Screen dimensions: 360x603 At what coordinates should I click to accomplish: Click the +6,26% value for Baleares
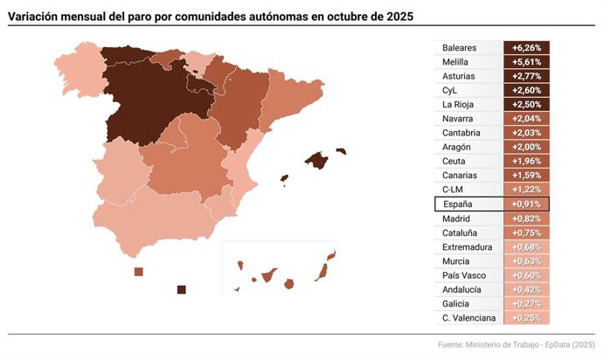526,48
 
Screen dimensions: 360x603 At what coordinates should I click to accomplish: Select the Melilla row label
456,62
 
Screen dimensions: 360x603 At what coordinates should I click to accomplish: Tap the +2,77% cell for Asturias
526,76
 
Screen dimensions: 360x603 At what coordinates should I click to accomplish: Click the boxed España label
457,204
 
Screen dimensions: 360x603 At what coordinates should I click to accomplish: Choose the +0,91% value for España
526,204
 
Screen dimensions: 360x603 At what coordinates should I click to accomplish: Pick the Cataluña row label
460,232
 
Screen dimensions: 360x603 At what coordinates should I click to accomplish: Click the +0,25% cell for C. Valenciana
526,317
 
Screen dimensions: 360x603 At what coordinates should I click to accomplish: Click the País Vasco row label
463,275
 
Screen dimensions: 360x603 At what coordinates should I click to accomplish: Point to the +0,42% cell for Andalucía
526,289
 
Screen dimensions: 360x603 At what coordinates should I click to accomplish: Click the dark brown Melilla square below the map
182,290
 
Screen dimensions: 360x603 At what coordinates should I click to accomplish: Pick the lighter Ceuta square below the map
138,272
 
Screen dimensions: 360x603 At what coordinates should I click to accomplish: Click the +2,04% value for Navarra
526,119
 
